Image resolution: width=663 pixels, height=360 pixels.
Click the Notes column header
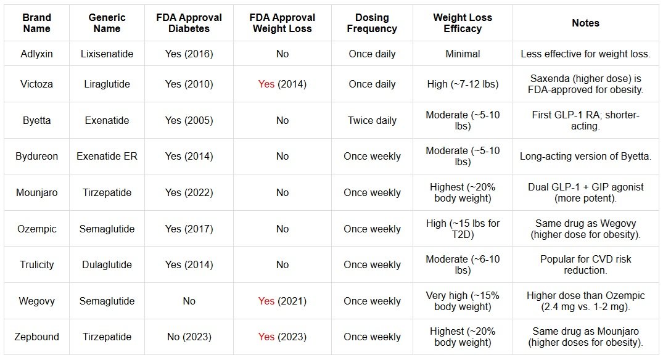pyautogui.click(x=585, y=23)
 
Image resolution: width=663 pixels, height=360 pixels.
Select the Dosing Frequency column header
pyautogui.click(x=372, y=23)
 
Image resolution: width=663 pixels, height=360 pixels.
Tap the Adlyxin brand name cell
pyautogui.click(x=35, y=54)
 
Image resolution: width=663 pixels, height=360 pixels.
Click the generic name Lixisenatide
pyautogui.click(x=107, y=54)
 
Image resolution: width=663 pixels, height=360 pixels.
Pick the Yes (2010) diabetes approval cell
pyautogui.click(x=189, y=84)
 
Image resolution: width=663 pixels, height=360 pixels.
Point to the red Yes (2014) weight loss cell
pyautogui.click(x=282, y=84)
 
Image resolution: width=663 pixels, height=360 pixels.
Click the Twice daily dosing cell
pyautogui.click(x=372, y=120)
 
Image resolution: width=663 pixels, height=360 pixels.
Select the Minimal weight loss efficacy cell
pyautogui.click(x=463, y=54)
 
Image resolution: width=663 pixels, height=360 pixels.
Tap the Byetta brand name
pyautogui.click(x=35, y=120)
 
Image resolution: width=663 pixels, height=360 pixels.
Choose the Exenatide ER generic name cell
pyautogui.click(x=107, y=156)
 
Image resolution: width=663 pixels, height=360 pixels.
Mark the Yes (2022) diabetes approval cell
pyautogui.click(x=189, y=192)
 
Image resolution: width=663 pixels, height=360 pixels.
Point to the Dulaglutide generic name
pyautogui.click(x=107, y=264)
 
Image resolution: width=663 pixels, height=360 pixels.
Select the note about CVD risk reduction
pyautogui.click(x=585, y=264)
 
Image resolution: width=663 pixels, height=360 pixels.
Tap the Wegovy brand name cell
pyautogui.click(x=35, y=301)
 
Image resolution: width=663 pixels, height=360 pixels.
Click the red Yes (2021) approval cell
pyautogui.click(x=282, y=301)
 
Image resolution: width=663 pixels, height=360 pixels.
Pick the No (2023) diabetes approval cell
pyautogui.click(x=189, y=337)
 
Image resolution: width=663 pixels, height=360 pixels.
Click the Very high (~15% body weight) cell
pyautogui.click(x=463, y=301)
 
